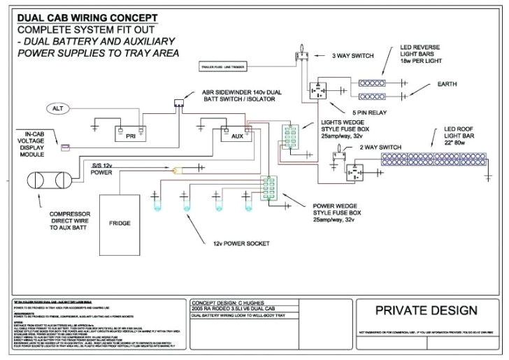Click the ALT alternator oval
coord(58,108)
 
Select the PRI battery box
coord(130,136)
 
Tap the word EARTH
coord(447,84)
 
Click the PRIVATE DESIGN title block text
coord(426,310)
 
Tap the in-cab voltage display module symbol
coord(65,147)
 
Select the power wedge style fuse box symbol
coord(268,188)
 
